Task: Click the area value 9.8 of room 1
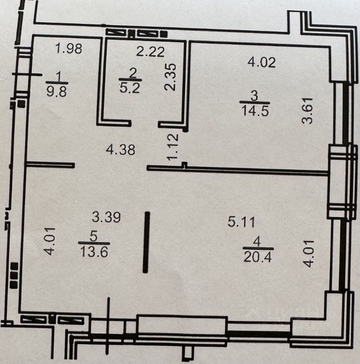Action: (x=56, y=91)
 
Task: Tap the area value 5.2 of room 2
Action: (x=130, y=88)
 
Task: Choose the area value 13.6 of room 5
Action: (x=94, y=251)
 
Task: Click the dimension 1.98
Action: (x=68, y=49)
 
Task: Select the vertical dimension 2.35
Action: (x=172, y=77)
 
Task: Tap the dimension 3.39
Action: (x=106, y=217)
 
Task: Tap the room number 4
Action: (x=258, y=241)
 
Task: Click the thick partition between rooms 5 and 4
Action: (x=147, y=242)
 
